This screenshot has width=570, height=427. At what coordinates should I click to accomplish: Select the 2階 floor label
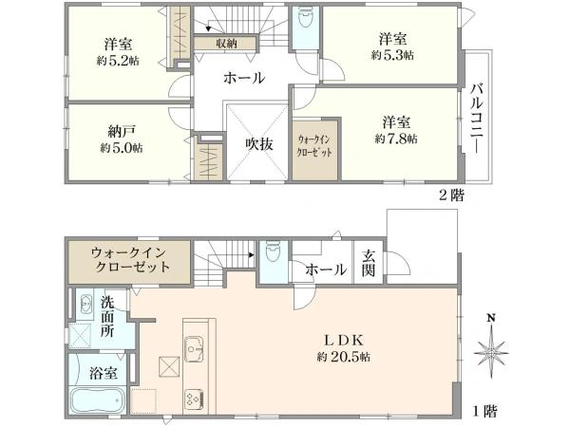coord(450,196)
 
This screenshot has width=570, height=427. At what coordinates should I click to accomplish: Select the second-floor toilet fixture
coord(304,21)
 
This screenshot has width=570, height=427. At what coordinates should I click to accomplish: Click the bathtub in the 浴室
coord(97,399)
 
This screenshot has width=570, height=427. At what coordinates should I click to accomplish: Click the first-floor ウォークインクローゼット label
coord(131,259)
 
